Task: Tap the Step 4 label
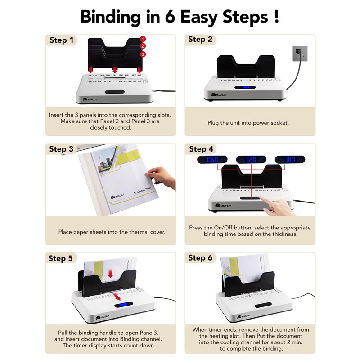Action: pyautogui.click(x=201, y=149)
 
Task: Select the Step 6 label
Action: pyautogui.click(x=200, y=257)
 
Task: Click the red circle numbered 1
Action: pyautogui.click(x=143, y=40)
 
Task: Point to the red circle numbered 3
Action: pyautogui.click(x=143, y=54)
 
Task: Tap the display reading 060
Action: pyautogui.click(x=212, y=160)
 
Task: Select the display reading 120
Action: pyautogui.click(x=251, y=160)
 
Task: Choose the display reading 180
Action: pyautogui.click(x=289, y=160)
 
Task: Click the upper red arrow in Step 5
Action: pyautogui.click(x=110, y=274)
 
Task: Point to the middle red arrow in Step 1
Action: pyautogui.click(x=115, y=70)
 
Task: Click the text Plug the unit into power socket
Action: pyautogui.click(x=248, y=122)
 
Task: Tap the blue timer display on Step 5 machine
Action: pyautogui.click(x=122, y=306)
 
